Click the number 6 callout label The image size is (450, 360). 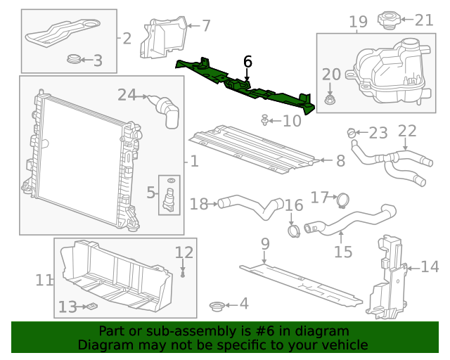247,62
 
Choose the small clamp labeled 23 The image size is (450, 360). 353,133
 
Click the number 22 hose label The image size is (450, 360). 407,131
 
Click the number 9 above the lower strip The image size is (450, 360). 264,245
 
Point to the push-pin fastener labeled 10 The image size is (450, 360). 265,122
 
